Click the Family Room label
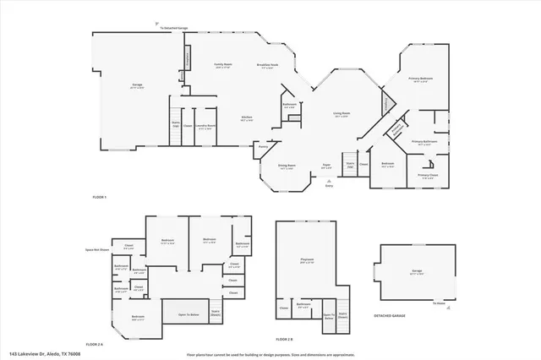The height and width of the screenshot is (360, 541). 223,64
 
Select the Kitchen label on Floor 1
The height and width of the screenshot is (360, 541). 248,118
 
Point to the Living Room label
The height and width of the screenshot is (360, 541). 342,113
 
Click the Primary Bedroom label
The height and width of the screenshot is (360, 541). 421,79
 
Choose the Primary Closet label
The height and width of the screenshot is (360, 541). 428,176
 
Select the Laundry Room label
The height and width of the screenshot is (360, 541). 205,127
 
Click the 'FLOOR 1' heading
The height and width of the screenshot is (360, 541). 101,197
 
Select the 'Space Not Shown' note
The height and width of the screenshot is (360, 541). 99,250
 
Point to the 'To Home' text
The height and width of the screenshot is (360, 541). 439,303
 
